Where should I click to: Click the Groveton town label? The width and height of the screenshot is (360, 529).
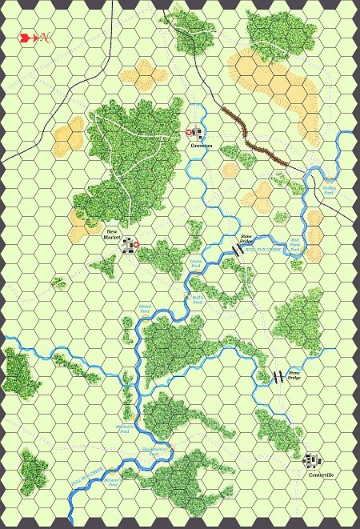(x=201, y=145)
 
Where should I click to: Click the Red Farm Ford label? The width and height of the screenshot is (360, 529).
(x=295, y=243)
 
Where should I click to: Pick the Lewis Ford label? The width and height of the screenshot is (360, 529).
(x=195, y=263)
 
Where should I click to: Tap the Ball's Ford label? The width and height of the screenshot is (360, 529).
(x=198, y=299)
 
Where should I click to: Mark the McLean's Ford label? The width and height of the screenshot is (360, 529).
(x=113, y=482)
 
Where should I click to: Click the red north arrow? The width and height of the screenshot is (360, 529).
(x=26, y=37)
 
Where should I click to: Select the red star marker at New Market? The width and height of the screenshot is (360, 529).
(x=136, y=245)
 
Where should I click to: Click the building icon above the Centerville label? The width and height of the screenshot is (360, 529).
(x=313, y=460)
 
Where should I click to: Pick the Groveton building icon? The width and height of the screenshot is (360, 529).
(x=198, y=132)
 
